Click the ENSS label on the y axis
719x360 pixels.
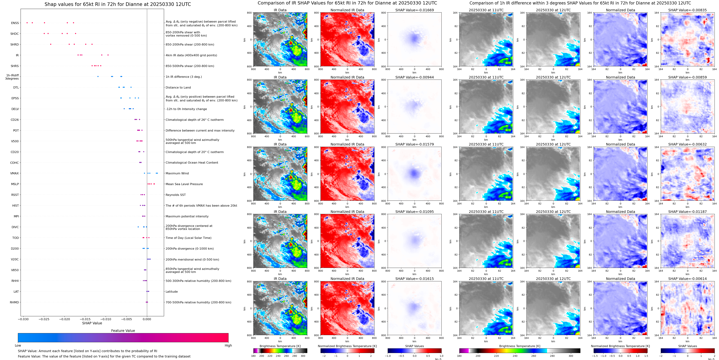(x=15, y=23)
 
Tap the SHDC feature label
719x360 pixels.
(x=15, y=34)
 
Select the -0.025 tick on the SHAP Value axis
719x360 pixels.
(x=44, y=319)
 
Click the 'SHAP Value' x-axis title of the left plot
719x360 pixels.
(x=92, y=323)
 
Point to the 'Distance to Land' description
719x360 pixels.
(x=178, y=87)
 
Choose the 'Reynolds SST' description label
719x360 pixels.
(x=175, y=195)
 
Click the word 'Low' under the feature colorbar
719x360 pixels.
(x=18, y=345)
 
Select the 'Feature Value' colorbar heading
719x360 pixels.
(x=123, y=331)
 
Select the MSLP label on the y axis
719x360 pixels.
(x=15, y=184)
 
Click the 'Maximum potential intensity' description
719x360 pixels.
(x=187, y=216)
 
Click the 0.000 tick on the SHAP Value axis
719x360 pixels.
(x=147, y=319)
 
